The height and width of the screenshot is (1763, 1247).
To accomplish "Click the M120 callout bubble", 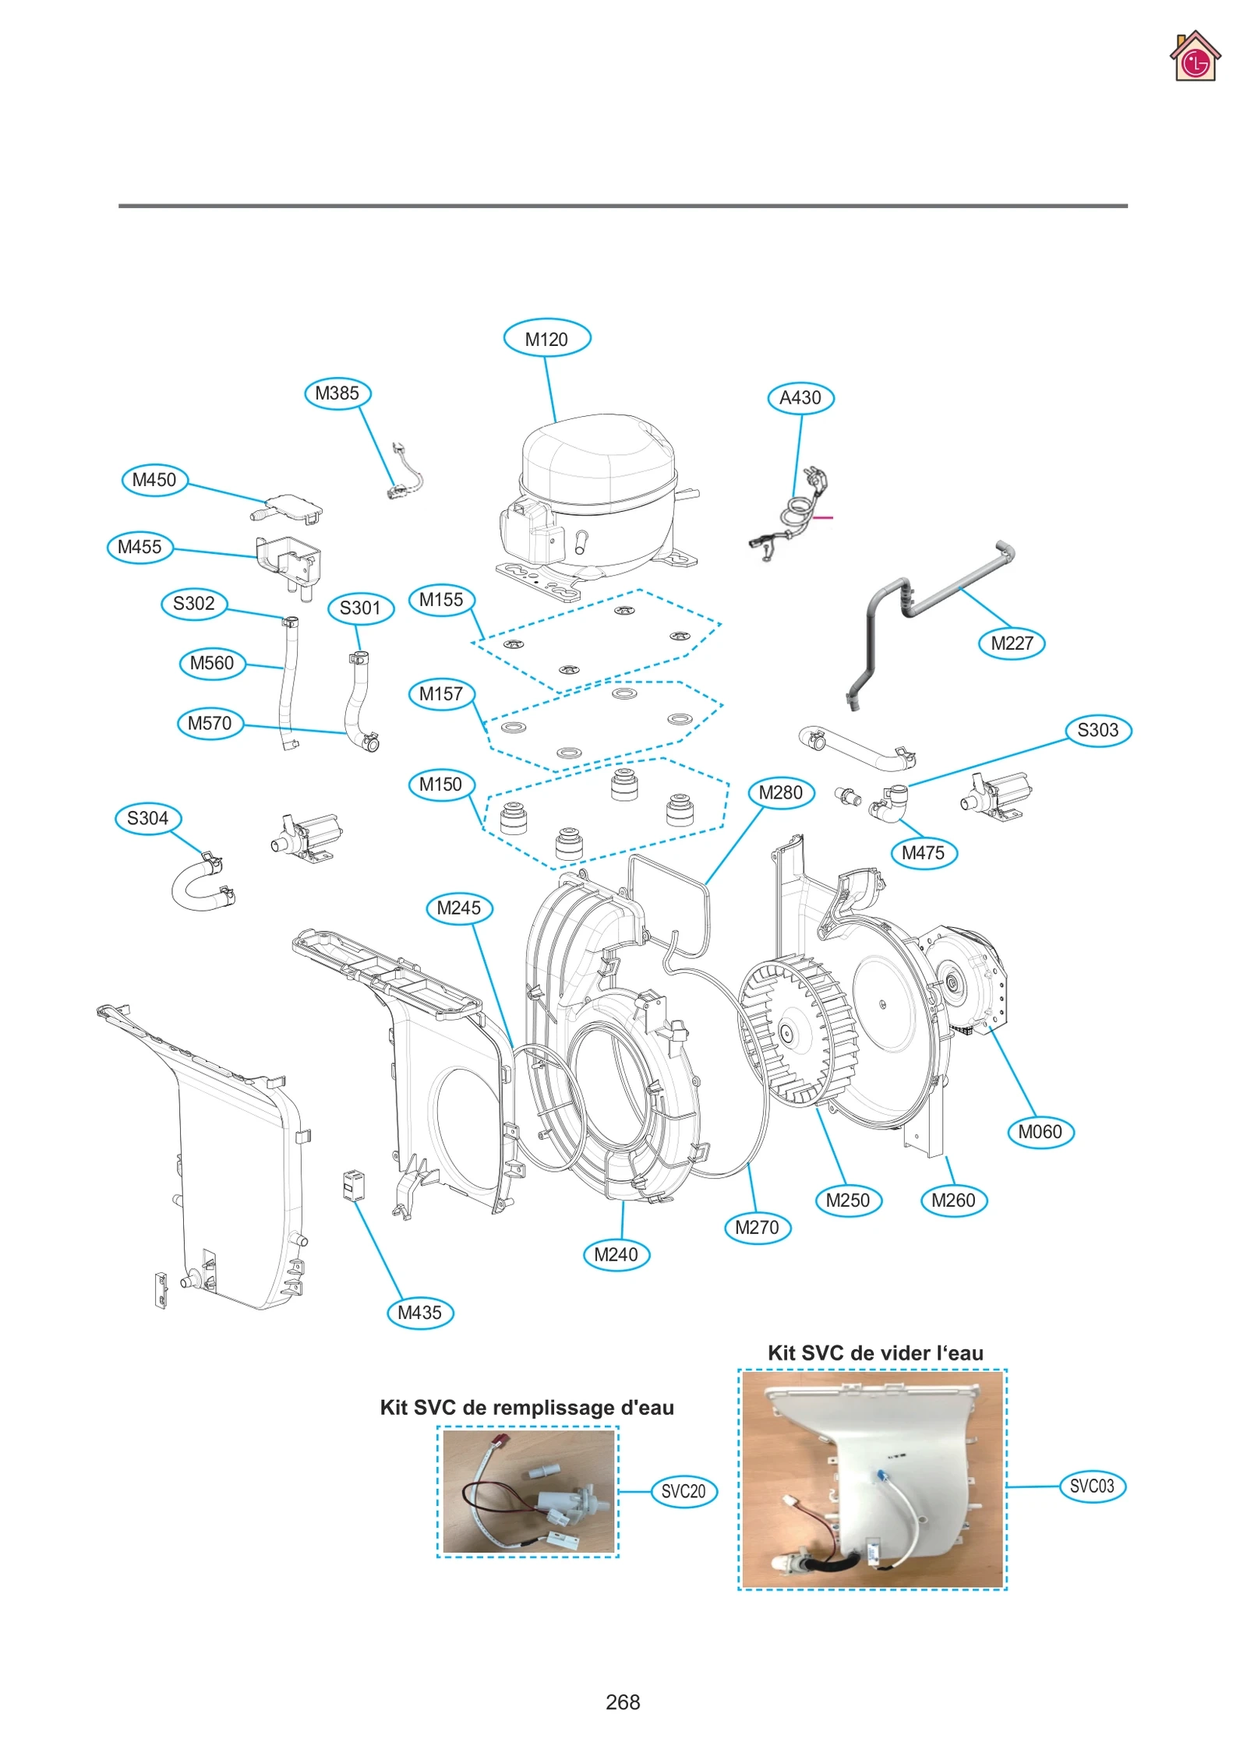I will (x=546, y=339).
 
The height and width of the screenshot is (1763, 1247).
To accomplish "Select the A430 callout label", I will (x=800, y=397).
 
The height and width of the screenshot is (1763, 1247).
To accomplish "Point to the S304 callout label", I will (x=148, y=818).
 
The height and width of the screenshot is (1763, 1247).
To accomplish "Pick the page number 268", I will (x=623, y=1702).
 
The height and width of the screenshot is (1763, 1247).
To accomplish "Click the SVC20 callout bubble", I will (x=683, y=1491).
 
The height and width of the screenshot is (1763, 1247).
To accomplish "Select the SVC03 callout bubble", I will (x=1092, y=1486).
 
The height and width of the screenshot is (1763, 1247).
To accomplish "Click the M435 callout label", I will (x=420, y=1313).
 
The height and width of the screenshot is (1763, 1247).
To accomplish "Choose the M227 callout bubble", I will (x=1011, y=643).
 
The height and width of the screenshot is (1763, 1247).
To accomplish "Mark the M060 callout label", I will (x=1040, y=1132).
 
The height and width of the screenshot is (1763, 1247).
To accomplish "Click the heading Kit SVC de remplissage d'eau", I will (x=527, y=1408).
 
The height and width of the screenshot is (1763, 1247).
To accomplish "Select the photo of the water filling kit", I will (x=528, y=1491).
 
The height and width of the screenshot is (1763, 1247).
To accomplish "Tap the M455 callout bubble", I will (x=140, y=547).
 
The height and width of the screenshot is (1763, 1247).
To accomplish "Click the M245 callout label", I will (x=459, y=908).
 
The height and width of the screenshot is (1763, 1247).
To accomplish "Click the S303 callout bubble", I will (x=1097, y=730).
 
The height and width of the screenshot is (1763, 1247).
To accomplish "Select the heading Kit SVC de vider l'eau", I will (x=874, y=1353).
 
